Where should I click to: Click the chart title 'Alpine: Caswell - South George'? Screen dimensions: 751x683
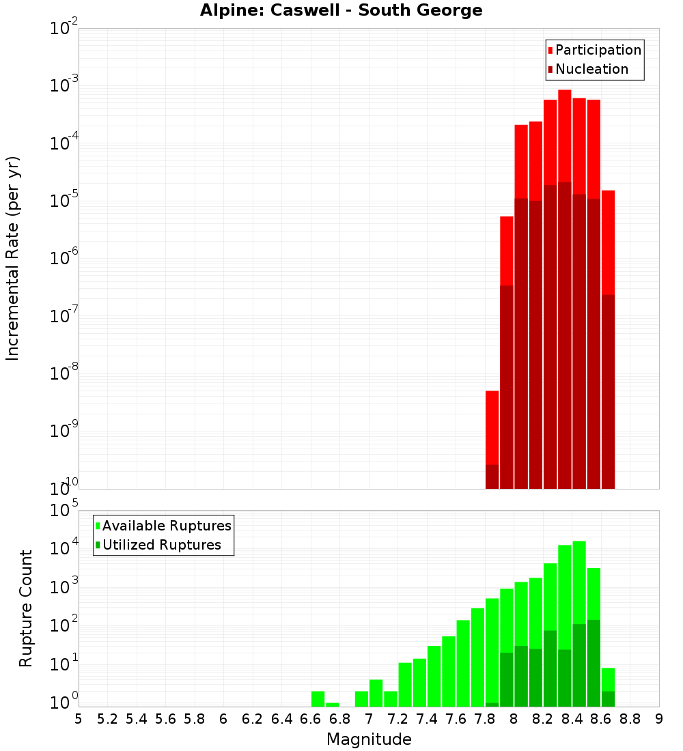pos(341,10)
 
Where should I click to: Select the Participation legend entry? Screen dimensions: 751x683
pos(594,50)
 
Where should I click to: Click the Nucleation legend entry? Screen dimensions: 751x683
pos(587,69)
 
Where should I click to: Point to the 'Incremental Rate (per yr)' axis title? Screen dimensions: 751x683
pos(13,258)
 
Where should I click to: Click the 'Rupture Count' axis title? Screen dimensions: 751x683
pos(26,608)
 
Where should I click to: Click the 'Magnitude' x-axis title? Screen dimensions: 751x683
pos(369,739)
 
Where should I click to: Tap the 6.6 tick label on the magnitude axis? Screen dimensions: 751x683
pos(311,719)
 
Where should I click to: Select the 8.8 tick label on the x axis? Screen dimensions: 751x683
pos(630,719)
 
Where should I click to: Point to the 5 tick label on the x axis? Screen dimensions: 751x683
pos(79,719)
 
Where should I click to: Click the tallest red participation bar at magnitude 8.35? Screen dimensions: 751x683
pos(565,137)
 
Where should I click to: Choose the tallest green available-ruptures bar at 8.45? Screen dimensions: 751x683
pos(579,580)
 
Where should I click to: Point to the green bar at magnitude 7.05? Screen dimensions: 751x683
pos(376,693)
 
